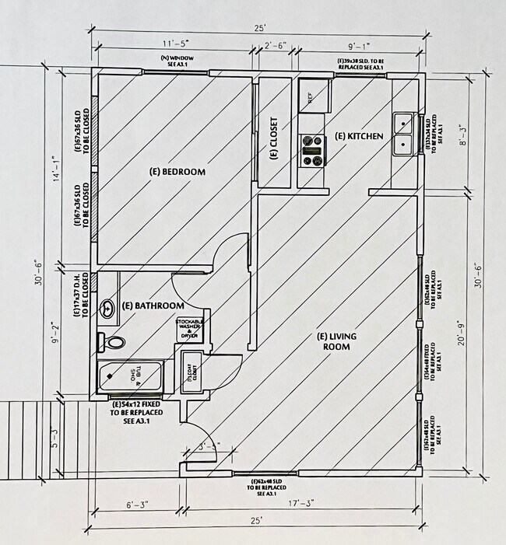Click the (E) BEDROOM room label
click(177, 171)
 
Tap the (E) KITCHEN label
click(359, 136)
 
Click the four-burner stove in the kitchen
click(312, 150)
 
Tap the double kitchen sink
click(402, 134)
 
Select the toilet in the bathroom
click(113, 341)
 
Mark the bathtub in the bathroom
click(131, 377)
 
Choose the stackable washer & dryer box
click(191, 328)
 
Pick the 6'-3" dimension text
click(139, 504)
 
